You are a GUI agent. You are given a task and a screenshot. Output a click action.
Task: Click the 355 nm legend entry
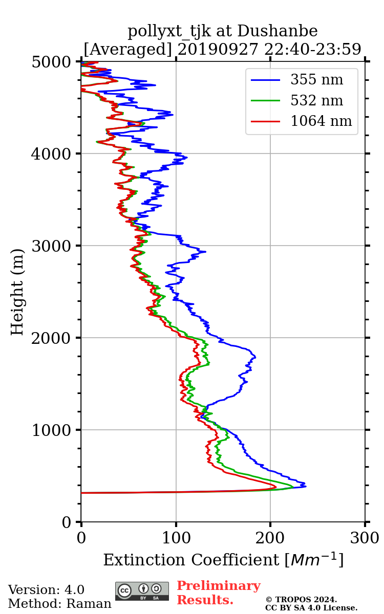(316, 80)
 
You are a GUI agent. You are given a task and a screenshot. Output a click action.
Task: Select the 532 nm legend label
(316, 100)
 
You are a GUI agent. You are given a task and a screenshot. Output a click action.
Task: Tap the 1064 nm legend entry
(321, 121)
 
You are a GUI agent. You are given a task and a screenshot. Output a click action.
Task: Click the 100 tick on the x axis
(176, 538)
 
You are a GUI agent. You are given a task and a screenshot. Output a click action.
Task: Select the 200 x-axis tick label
(270, 538)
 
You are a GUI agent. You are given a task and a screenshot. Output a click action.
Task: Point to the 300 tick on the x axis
(365, 538)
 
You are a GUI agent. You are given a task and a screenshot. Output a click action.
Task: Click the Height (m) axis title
(17, 292)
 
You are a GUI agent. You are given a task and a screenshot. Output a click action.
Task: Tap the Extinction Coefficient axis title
(223, 560)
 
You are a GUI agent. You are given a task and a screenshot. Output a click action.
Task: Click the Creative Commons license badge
(142, 591)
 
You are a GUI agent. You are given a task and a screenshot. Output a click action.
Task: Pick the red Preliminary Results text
(218, 593)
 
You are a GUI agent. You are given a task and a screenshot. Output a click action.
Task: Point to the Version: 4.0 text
(46, 590)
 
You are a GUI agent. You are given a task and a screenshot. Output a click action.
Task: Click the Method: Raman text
(59, 604)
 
